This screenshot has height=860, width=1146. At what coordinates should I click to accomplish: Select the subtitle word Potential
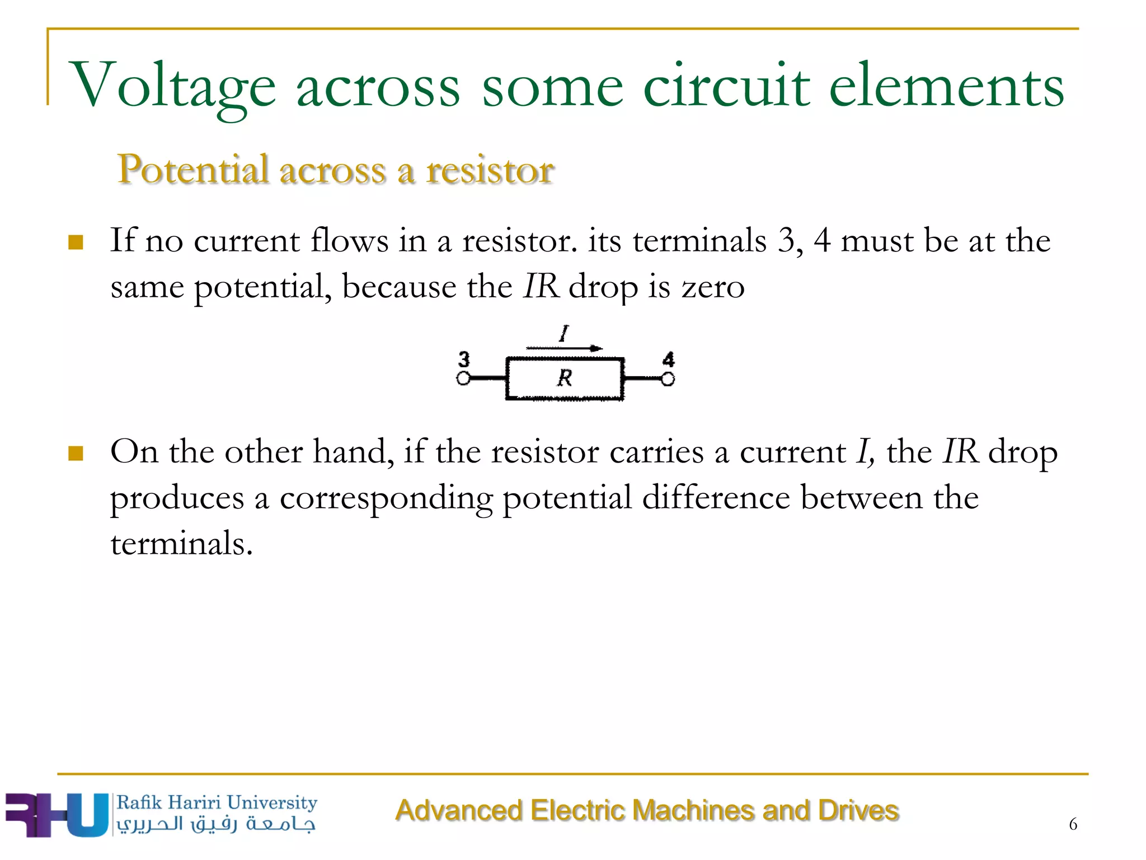coord(193,170)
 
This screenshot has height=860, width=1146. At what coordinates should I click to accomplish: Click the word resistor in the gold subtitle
coord(490,170)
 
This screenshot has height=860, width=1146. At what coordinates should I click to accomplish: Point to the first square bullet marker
coord(76,243)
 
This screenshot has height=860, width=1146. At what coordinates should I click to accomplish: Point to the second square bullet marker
coord(76,453)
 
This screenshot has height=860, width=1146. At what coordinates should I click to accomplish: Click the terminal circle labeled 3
coord(463,379)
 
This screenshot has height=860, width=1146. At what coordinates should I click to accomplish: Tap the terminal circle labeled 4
coord(668,379)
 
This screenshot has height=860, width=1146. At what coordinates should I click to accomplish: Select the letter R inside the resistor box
coord(565,378)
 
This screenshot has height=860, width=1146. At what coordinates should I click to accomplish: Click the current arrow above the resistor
coord(564,348)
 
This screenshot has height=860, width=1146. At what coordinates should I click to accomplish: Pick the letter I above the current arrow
coord(564,334)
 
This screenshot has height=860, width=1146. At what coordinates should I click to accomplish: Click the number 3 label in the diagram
coord(464,359)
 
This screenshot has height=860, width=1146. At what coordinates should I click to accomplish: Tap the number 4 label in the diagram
coord(668,359)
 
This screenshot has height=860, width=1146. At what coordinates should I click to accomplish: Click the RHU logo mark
coord(56,815)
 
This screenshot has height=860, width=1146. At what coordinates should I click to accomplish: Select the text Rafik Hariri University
coord(217,802)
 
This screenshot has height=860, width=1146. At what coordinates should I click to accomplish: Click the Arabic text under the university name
coord(216,824)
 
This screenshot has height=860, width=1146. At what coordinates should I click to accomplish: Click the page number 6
coord(1073,824)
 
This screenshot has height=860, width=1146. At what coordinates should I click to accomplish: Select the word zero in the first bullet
coord(713,287)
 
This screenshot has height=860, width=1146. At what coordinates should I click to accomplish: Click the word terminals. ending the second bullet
coord(182,543)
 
